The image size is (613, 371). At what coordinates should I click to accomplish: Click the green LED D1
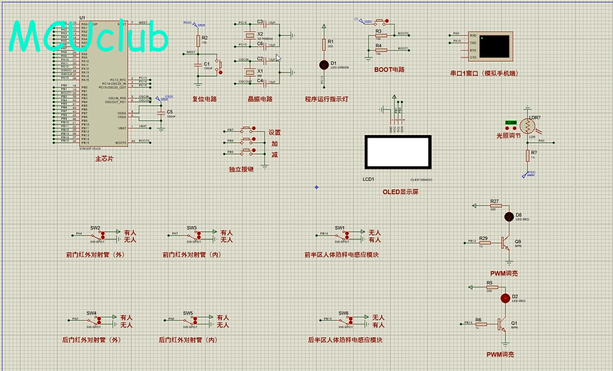(324, 65)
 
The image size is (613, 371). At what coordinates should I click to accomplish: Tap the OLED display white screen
(398, 152)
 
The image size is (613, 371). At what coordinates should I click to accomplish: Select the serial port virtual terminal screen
(495, 46)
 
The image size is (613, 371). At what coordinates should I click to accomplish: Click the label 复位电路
(205, 99)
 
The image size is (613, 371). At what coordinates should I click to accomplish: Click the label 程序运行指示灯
(327, 99)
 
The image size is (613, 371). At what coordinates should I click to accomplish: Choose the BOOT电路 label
(389, 70)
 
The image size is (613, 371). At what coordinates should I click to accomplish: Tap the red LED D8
(509, 216)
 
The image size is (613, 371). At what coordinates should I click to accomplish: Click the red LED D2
(505, 297)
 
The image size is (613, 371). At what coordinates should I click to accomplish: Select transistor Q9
(506, 243)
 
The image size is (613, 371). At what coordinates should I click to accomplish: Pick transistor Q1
(500, 324)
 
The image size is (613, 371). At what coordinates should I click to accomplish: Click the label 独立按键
(242, 170)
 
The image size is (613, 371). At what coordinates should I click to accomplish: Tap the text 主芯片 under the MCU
(104, 159)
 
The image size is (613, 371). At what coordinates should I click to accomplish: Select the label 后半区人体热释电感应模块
(345, 340)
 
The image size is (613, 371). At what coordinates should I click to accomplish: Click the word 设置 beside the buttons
(274, 132)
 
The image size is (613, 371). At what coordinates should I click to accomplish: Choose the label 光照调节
(509, 135)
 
